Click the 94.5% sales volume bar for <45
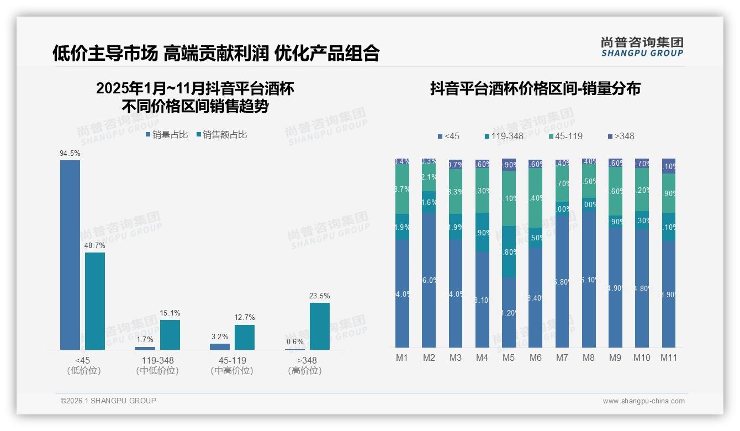70,255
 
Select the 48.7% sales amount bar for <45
95,301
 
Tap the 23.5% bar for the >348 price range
320,326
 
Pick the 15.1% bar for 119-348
170,335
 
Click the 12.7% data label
245,318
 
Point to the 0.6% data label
295,341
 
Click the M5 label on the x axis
509,358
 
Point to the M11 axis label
669,358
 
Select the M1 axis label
402,358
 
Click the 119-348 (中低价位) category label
157,365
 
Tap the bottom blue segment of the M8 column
589,279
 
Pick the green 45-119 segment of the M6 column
535,198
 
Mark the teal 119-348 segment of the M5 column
509,251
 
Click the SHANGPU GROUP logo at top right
642,46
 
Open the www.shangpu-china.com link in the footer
643,401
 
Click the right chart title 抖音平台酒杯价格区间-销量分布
535,89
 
